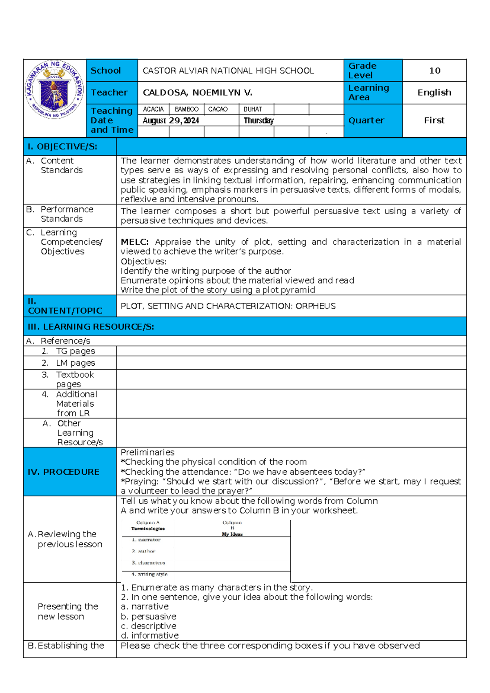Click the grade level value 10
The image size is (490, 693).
434,71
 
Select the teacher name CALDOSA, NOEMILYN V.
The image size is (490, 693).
197,93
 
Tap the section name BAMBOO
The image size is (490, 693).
186,110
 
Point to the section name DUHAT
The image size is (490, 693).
253,110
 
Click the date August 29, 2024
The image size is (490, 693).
171,121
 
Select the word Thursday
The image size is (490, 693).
258,121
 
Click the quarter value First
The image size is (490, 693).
434,121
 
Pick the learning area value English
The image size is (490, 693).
434,93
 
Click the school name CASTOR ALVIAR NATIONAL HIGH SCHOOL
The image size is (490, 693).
228,71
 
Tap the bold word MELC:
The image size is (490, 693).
135,242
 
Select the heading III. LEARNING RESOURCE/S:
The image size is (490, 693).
91,327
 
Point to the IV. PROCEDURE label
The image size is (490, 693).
63,472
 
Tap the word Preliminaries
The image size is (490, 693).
147,452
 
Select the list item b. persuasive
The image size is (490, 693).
149,616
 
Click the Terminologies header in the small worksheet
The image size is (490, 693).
148,528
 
